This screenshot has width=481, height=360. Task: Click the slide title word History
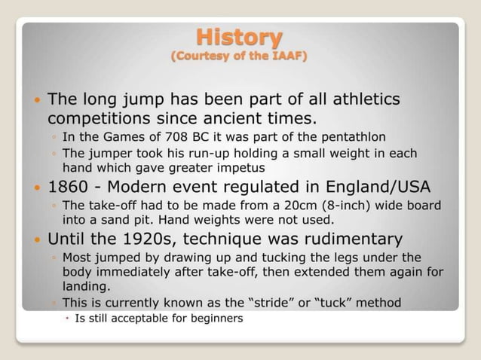[240, 36]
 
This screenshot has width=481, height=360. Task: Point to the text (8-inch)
[343, 206]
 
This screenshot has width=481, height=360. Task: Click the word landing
[84, 286]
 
